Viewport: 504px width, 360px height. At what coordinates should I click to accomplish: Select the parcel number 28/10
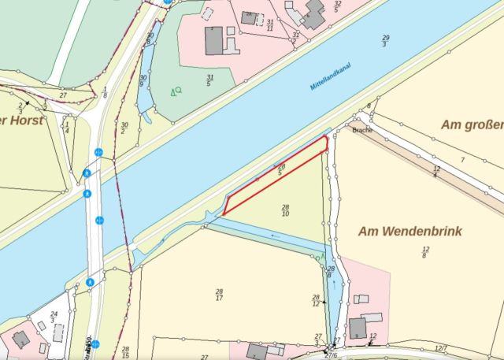point(285,210)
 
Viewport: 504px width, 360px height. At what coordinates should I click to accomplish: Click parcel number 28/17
point(219,295)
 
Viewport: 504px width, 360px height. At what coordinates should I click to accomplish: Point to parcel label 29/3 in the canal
point(385,41)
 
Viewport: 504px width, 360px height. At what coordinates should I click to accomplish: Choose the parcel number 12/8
point(425,252)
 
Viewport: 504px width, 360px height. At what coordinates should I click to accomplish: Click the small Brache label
point(362,129)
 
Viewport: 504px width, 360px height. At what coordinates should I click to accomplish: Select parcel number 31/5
point(210,80)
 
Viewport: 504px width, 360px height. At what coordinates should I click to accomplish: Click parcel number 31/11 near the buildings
point(270,25)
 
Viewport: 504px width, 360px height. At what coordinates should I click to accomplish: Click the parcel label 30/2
point(124,128)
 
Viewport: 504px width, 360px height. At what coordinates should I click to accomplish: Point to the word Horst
point(26,121)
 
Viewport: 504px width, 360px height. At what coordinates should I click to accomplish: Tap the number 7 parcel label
point(463,160)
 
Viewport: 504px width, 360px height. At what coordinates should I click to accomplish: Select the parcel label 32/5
point(337,6)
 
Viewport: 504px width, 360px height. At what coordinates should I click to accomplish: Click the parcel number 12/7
point(441,347)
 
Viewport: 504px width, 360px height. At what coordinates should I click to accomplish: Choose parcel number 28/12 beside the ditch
point(316,300)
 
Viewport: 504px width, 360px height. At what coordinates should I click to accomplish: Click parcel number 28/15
point(126,351)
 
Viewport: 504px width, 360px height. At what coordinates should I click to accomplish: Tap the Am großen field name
point(472,125)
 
